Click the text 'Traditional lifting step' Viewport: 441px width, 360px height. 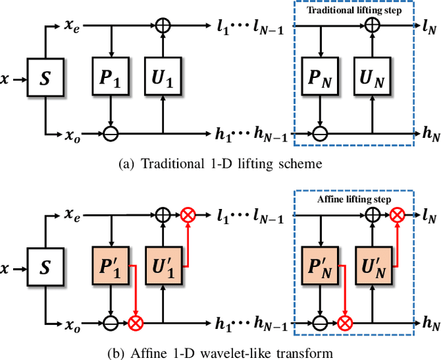[356, 12]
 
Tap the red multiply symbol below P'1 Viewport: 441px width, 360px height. [135, 321]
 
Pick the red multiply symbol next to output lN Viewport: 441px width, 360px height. [396, 215]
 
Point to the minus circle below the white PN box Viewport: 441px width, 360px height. [320, 133]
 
